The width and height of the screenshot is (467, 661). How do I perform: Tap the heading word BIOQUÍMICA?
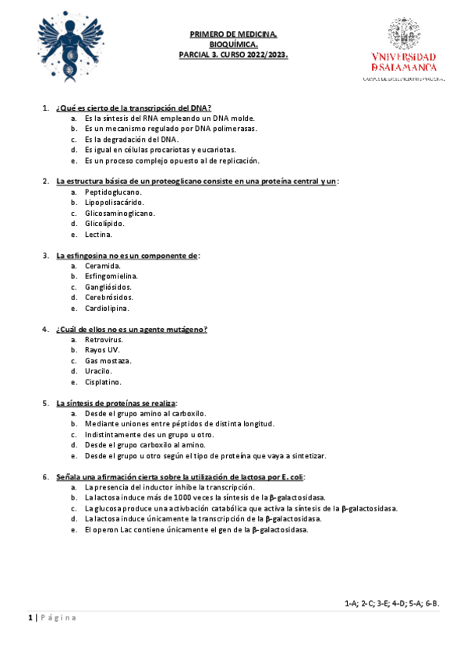click(x=234, y=45)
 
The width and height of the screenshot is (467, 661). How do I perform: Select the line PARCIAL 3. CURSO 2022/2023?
click(x=234, y=55)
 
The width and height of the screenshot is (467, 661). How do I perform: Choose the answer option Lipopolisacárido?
click(x=115, y=202)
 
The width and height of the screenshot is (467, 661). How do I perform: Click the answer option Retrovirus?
click(x=104, y=340)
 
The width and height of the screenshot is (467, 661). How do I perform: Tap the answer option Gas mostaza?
click(x=108, y=361)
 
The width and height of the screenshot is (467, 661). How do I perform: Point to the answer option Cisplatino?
click(x=103, y=382)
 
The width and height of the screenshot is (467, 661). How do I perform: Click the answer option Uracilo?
click(x=99, y=372)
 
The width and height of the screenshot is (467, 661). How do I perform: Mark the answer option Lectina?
click(x=98, y=234)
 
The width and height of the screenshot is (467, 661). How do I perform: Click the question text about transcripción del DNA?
click(x=134, y=107)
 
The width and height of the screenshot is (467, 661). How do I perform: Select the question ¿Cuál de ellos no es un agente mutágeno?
click(x=131, y=329)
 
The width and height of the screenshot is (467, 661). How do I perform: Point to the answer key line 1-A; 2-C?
click(x=391, y=603)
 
